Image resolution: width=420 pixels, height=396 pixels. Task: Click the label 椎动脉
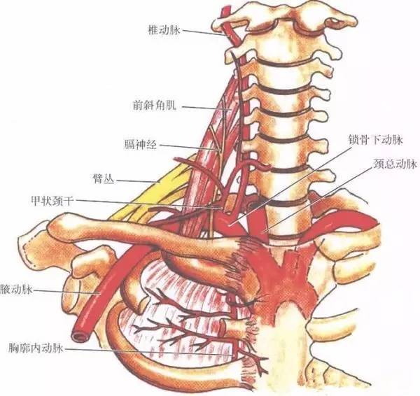point(164,30)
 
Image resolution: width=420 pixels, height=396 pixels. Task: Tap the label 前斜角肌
point(155,105)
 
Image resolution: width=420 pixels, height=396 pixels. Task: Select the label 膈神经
point(141,145)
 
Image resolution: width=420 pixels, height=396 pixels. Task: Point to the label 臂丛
point(104,179)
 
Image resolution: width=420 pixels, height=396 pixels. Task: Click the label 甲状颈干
point(52,201)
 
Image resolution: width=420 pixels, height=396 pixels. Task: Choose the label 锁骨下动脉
point(375,140)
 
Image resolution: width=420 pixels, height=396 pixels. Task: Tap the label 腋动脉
point(16,290)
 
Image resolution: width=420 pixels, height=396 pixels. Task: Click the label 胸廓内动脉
point(36,348)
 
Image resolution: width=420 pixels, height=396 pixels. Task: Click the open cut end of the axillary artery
point(79,337)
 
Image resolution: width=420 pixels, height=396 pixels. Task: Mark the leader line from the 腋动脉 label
point(66,292)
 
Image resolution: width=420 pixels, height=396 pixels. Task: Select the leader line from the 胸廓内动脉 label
point(149,351)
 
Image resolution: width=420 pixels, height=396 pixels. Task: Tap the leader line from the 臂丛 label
point(137,181)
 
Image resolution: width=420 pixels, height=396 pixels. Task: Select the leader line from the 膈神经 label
point(188,148)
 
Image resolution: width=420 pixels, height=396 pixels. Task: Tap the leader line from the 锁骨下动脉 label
point(291,183)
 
